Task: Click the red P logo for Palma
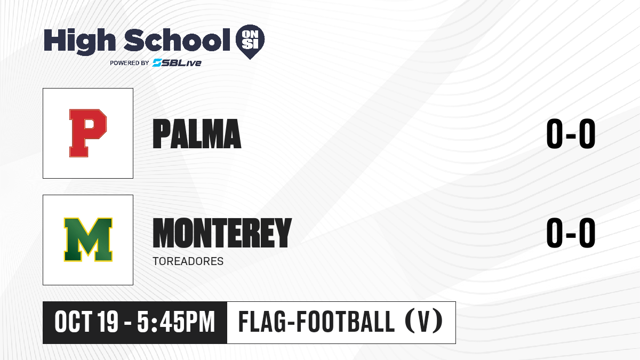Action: tap(88, 133)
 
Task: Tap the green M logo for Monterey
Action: tap(88, 239)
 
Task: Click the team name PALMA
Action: tap(197, 134)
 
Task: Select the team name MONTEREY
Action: tap(222, 233)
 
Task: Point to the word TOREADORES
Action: tap(188, 261)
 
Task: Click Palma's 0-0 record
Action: tap(571, 134)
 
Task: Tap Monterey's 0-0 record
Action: tap(571, 233)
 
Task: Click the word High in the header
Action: tap(80, 41)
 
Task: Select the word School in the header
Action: tap(177, 39)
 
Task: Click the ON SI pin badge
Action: tap(250, 42)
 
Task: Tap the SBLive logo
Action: tap(177, 63)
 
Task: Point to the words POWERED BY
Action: tap(130, 63)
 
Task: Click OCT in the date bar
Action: tap(74, 322)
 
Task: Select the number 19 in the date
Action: tap(108, 322)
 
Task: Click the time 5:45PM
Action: tap(176, 322)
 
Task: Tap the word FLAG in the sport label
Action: tap(262, 322)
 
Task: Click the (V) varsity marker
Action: tap(424, 322)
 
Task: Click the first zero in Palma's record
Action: tap(555, 134)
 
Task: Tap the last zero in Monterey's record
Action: tap(587, 233)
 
